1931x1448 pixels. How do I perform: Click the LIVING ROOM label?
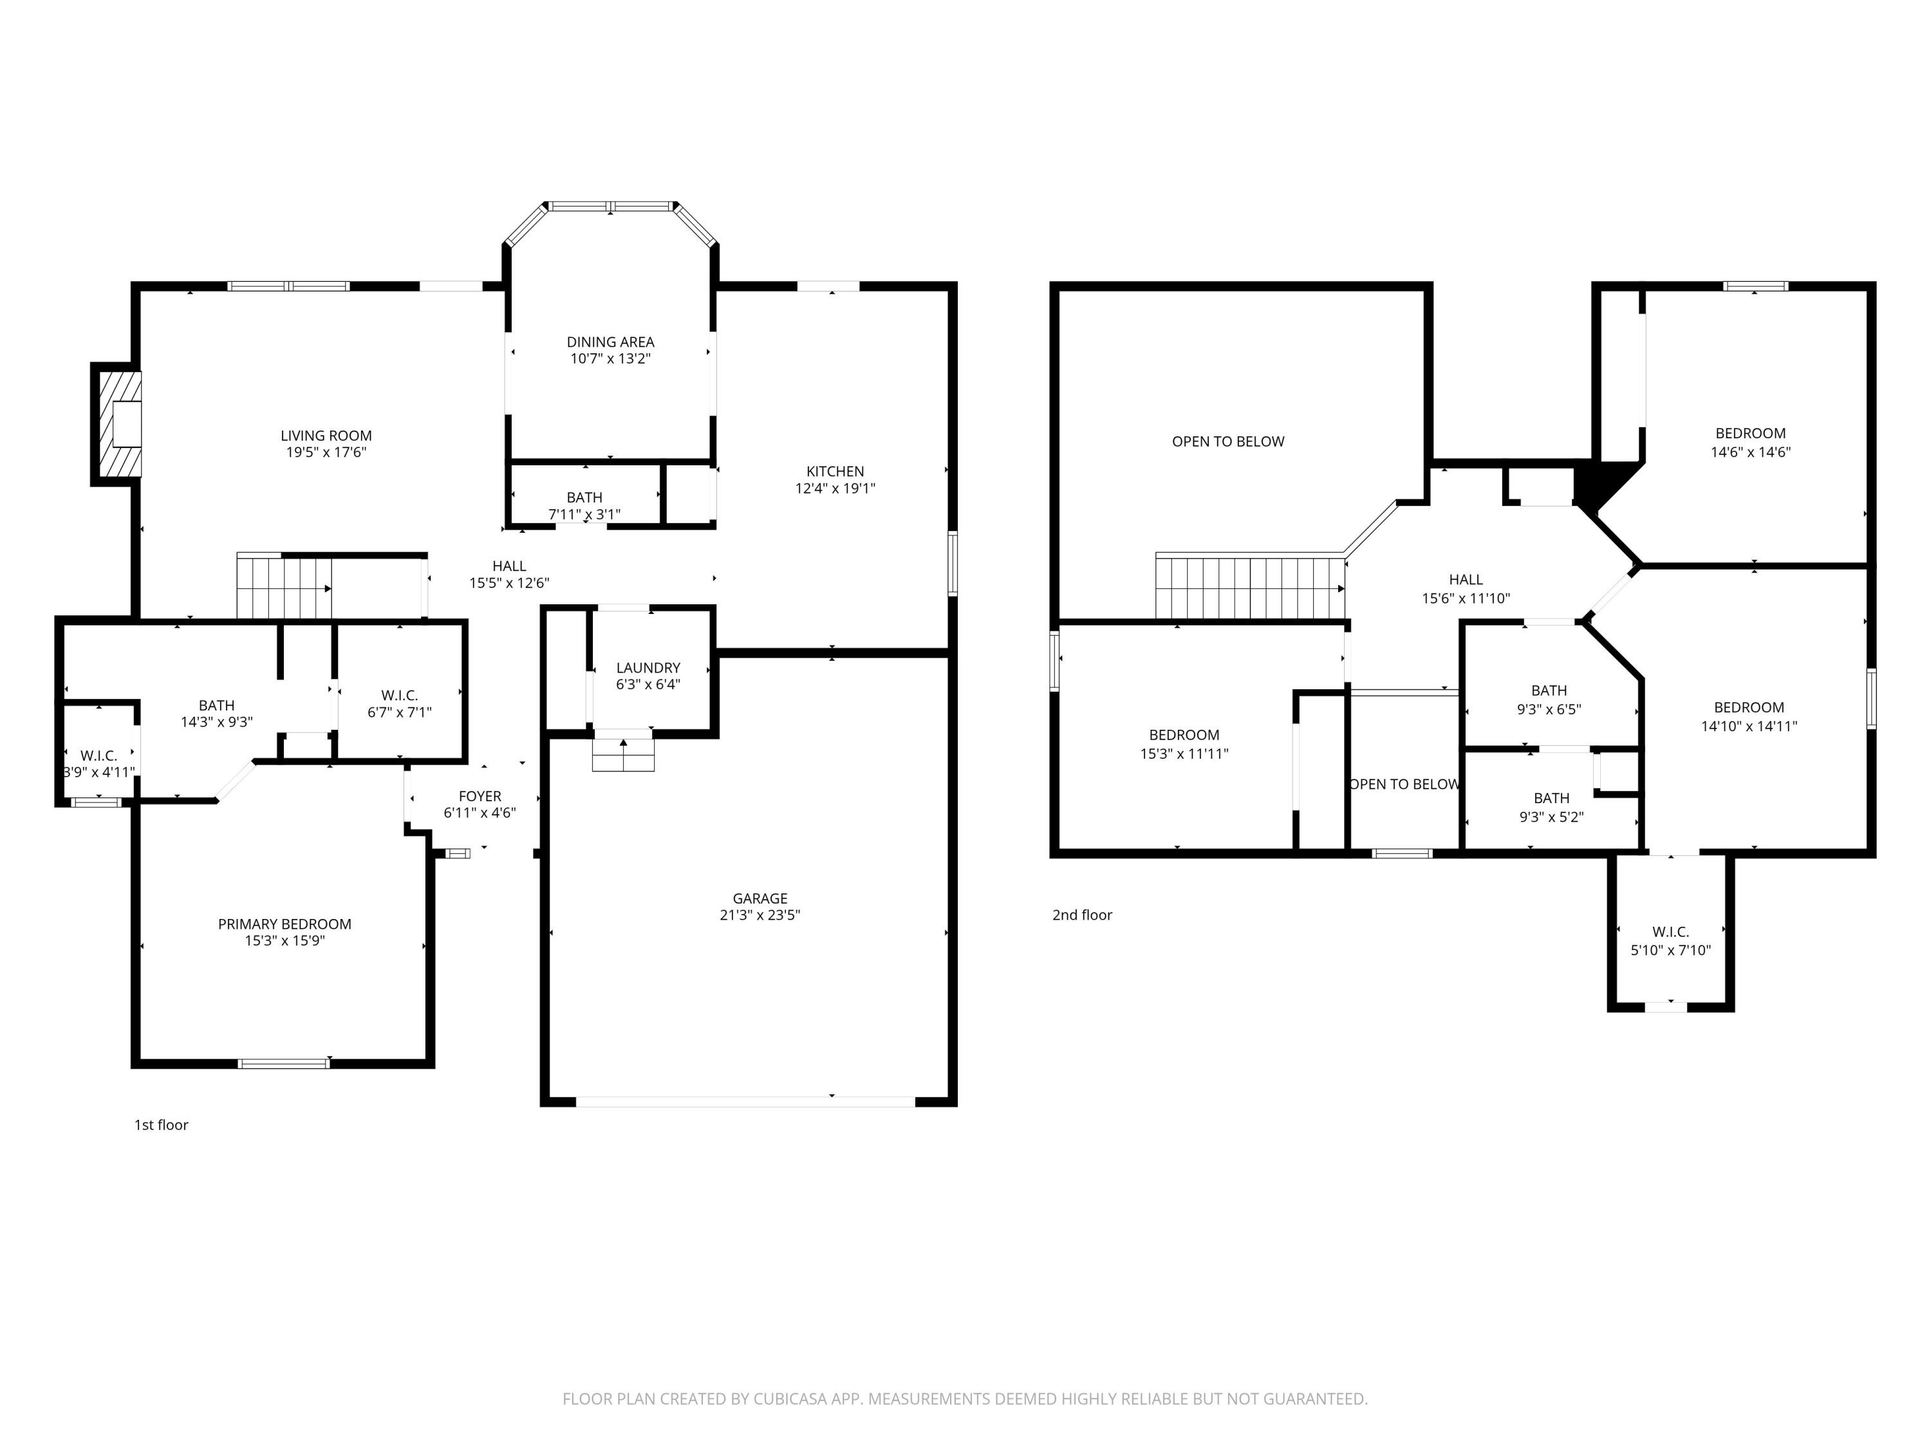tap(326, 436)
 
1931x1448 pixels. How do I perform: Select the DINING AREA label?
tap(610, 342)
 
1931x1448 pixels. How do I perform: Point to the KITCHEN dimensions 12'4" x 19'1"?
tap(835, 488)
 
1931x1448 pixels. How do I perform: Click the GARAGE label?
tap(760, 898)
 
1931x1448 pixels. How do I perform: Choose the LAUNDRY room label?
tap(648, 668)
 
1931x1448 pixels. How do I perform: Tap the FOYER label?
tap(480, 796)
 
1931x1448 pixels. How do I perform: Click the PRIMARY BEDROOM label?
tap(285, 924)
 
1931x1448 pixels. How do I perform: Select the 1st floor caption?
tap(162, 1125)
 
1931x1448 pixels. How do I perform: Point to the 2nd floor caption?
tap(1083, 914)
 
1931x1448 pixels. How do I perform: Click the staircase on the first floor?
tap(285, 586)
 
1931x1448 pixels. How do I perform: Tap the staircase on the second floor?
tap(1250, 586)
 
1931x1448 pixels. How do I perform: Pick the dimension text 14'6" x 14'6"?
tap(1750, 452)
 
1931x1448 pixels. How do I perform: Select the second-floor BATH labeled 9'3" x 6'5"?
tap(1549, 691)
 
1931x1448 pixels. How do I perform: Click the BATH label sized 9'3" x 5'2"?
tap(1551, 798)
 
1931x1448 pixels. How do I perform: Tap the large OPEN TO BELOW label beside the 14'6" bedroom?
tap(1228, 441)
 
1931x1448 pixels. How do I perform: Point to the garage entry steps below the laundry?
tap(623, 755)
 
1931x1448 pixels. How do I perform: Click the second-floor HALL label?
tap(1466, 580)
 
